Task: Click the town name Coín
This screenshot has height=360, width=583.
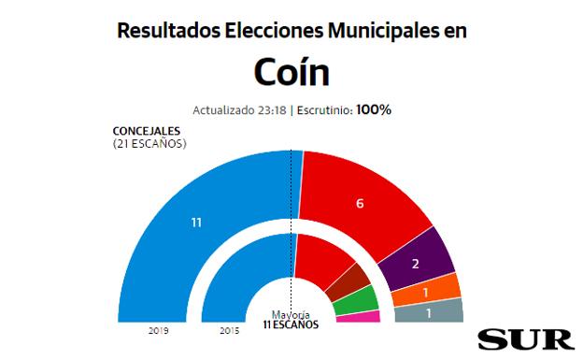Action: [291, 73]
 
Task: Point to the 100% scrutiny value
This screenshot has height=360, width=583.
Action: [374, 109]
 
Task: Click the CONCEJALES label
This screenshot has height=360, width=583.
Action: [147, 131]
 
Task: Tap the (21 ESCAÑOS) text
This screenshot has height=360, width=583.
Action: [149, 143]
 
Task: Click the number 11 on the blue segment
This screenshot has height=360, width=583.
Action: [196, 223]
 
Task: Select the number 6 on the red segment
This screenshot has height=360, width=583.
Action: [359, 204]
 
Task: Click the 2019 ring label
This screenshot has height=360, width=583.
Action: [158, 331]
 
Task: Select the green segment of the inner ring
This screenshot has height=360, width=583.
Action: [355, 301]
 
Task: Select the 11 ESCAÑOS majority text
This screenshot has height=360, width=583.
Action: [291, 324]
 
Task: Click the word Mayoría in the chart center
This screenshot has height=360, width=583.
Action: [291, 314]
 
